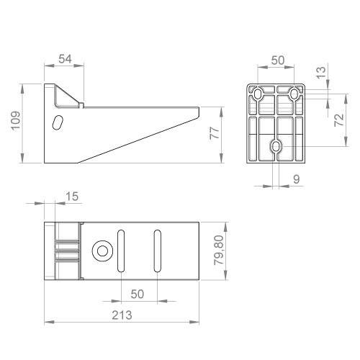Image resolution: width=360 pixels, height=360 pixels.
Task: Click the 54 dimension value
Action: coord(64,58)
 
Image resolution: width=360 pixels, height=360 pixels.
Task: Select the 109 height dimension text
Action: coord(15,122)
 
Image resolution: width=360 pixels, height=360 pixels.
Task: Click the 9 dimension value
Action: coord(297,179)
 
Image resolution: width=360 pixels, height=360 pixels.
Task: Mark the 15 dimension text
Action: coord(72,196)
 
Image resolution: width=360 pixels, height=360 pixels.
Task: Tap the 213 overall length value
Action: coord(120,315)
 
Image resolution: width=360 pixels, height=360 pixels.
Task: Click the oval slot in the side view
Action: coord(58,122)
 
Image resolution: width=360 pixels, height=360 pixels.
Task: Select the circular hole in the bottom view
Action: coord(102,251)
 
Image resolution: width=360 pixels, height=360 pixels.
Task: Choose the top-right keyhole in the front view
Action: coord(294,94)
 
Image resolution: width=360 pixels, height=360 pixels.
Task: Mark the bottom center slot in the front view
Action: coord(276,147)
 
